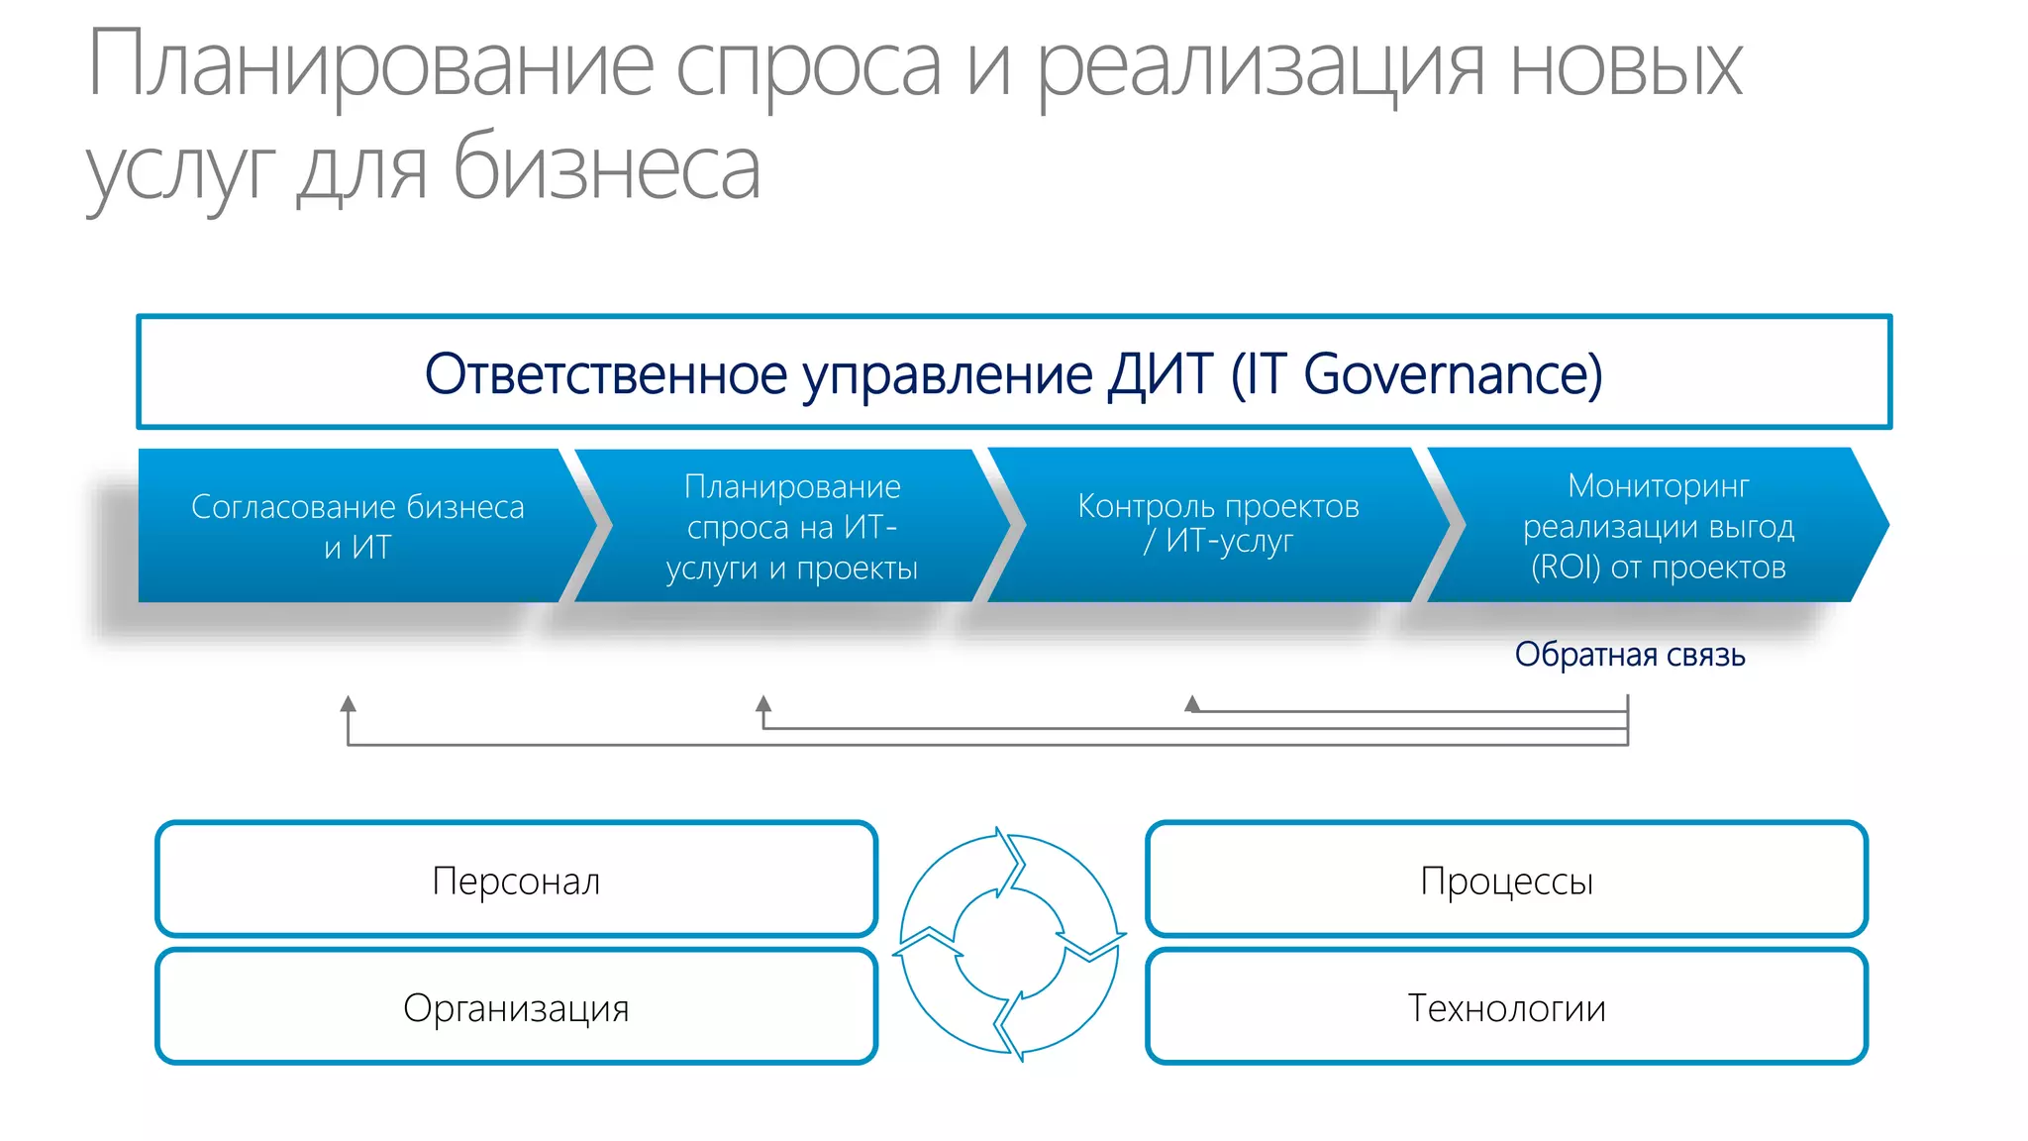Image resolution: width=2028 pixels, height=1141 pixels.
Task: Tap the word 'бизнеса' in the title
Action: [606, 168]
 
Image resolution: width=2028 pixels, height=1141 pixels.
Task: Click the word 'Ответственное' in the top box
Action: [606, 374]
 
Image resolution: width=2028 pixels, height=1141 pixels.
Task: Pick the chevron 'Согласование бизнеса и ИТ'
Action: [357, 526]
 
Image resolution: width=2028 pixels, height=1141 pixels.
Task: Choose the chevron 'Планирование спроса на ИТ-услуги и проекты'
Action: [791, 526]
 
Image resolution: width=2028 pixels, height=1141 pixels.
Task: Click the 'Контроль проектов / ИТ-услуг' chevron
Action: [1218, 524]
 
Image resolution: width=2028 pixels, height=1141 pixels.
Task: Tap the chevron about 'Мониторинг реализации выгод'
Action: [1658, 525]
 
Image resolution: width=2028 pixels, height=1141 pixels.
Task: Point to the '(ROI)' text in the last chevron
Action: [1565, 568]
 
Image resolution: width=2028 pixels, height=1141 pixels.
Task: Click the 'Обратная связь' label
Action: [1629, 655]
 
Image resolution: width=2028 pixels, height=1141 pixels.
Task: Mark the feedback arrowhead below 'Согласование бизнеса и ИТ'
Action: [348, 704]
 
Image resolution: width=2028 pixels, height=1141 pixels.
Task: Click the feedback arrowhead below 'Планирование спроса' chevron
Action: [763, 704]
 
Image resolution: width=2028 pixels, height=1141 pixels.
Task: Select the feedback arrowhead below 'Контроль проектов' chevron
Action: [1192, 703]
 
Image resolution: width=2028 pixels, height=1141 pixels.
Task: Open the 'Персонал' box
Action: [516, 880]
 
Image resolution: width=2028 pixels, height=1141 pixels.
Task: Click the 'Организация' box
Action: [516, 1007]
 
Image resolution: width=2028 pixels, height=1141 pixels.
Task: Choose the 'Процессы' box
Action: [1506, 880]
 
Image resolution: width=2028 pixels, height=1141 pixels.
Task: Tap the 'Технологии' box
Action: [1506, 1007]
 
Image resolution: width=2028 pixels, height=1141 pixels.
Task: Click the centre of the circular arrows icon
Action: [1010, 944]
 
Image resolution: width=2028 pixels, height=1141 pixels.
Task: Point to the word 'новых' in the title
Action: [1625, 67]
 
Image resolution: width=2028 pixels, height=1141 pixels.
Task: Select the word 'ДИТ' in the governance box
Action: [1160, 374]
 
